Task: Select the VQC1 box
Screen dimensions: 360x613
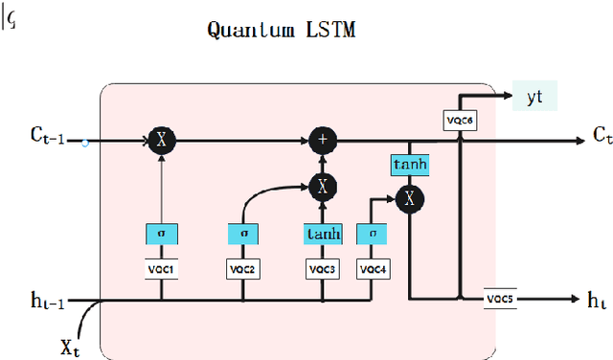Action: coord(162,270)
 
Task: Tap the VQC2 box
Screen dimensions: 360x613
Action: coord(243,270)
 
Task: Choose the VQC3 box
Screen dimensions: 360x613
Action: coord(322,270)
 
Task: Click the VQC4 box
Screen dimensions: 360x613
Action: coord(374,270)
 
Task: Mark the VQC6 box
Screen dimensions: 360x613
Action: coord(460,119)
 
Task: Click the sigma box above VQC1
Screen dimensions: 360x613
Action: coord(162,234)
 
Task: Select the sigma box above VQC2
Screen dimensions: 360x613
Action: coord(243,234)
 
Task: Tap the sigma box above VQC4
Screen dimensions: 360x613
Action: coord(374,234)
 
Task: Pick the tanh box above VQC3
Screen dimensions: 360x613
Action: coord(322,234)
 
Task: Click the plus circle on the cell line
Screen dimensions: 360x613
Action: coord(322,141)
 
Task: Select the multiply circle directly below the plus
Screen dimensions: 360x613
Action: coord(322,187)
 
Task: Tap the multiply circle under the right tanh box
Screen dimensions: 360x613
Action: coord(409,198)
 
